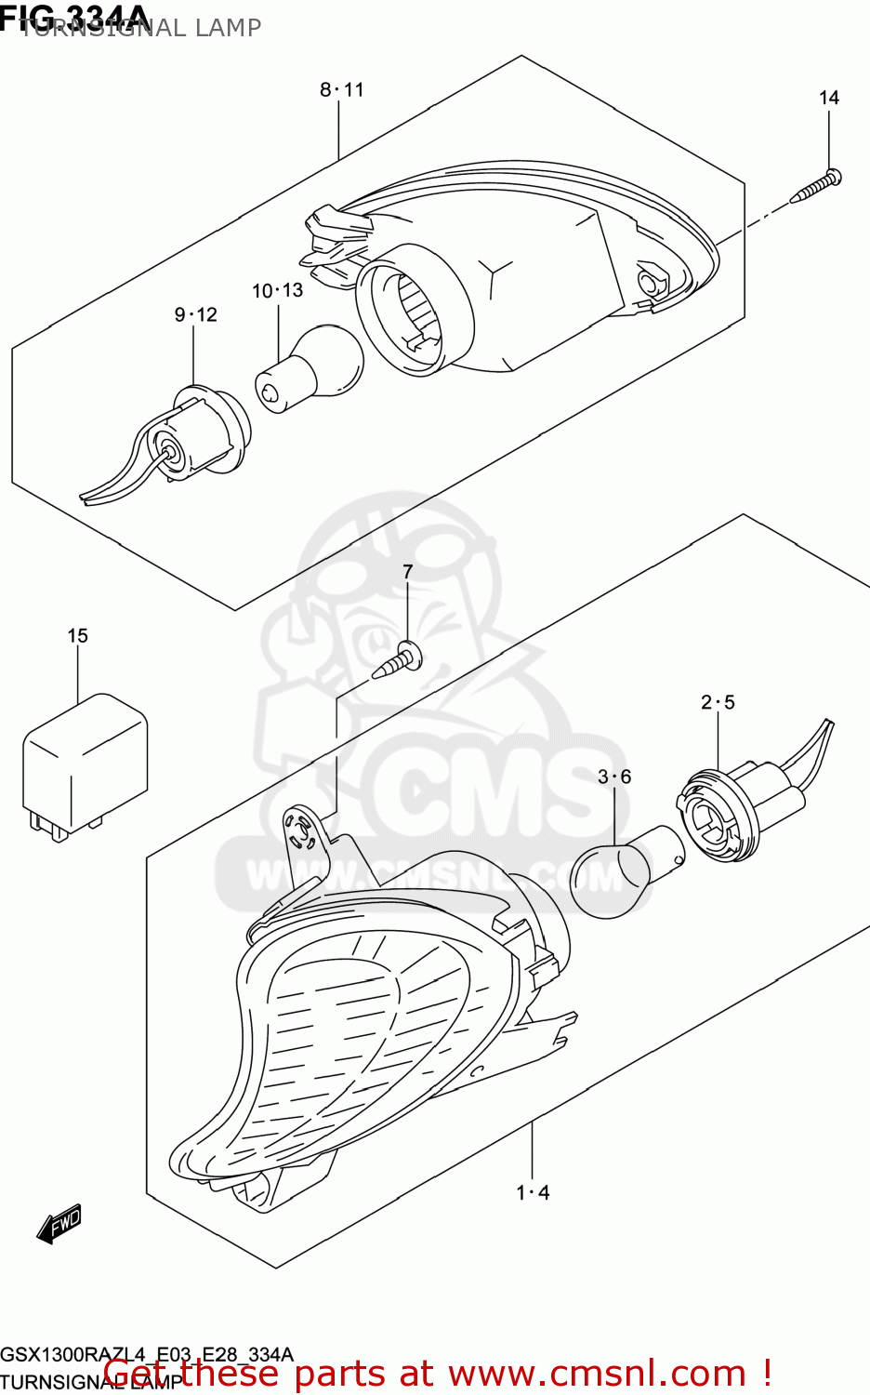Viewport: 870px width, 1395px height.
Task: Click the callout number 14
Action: [828, 98]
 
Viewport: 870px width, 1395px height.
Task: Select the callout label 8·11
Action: [342, 90]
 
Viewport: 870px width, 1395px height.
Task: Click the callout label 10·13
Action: [277, 291]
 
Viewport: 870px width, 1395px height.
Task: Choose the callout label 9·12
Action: [195, 315]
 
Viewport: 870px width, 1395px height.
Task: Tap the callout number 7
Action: [407, 572]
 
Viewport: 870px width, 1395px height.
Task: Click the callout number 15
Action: [77, 636]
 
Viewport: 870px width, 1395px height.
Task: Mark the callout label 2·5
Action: [718, 702]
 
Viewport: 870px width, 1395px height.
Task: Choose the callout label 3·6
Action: [614, 777]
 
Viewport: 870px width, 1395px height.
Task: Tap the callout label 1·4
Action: [533, 1192]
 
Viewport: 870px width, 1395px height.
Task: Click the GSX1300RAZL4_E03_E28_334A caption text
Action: [147, 1354]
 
